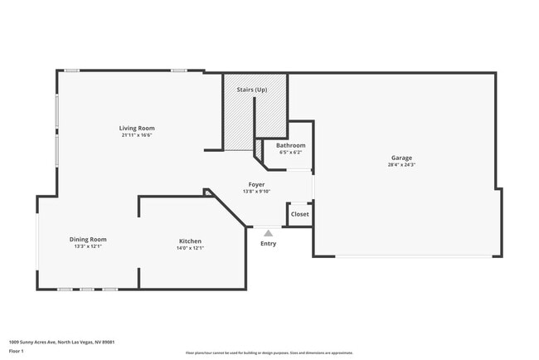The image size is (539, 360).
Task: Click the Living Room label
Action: tap(137, 129)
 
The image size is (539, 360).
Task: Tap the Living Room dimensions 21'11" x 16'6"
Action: tap(137, 135)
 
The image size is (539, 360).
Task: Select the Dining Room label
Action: tap(87, 240)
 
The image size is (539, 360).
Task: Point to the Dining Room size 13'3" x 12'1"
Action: tap(87, 247)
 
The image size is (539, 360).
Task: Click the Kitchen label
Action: tap(190, 241)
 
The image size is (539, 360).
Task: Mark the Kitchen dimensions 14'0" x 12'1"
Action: tap(190, 248)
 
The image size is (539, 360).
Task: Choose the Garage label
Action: tap(401, 158)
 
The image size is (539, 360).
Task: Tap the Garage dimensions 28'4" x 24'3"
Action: tap(401, 165)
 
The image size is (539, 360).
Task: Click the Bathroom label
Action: tap(290, 145)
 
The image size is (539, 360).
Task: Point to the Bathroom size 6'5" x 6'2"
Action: tap(290, 152)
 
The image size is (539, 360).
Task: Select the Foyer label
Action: tap(257, 184)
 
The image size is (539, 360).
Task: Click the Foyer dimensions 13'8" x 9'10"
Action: tap(257, 192)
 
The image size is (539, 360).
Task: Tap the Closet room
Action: tap(299, 214)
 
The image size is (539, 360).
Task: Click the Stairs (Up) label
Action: tap(252, 90)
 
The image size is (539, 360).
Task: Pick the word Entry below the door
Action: tap(268, 243)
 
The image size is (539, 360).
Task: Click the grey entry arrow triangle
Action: tap(268, 233)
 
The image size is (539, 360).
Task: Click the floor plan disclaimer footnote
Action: tap(269, 353)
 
